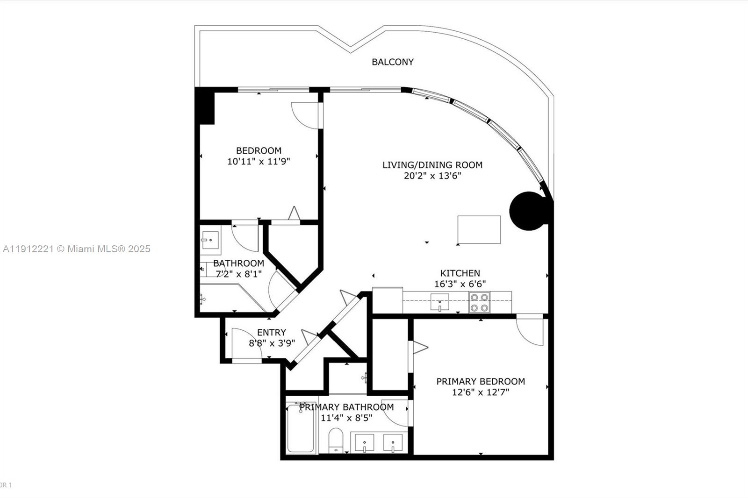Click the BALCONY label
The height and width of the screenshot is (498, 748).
click(x=392, y=62)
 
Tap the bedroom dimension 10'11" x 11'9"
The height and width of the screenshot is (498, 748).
click(x=259, y=162)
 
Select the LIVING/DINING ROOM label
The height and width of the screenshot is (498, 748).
click(x=432, y=165)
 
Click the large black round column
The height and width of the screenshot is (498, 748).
click(x=529, y=211)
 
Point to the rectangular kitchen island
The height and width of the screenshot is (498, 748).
click(x=479, y=229)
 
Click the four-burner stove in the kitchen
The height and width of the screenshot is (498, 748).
click(x=479, y=302)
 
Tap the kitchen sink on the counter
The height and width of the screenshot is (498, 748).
click(x=439, y=302)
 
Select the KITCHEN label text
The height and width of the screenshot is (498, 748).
click(x=460, y=273)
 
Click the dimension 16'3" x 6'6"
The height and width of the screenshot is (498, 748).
click(x=460, y=284)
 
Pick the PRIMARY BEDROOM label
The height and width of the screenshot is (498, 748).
click(x=481, y=382)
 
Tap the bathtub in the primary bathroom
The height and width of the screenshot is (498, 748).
click(x=301, y=429)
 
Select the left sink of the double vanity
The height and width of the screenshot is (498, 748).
click(x=365, y=442)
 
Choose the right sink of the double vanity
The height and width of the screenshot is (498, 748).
click(x=393, y=442)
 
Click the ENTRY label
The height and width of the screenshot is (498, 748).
click(x=271, y=333)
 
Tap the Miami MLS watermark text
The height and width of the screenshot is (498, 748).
click(x=76, y=249)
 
